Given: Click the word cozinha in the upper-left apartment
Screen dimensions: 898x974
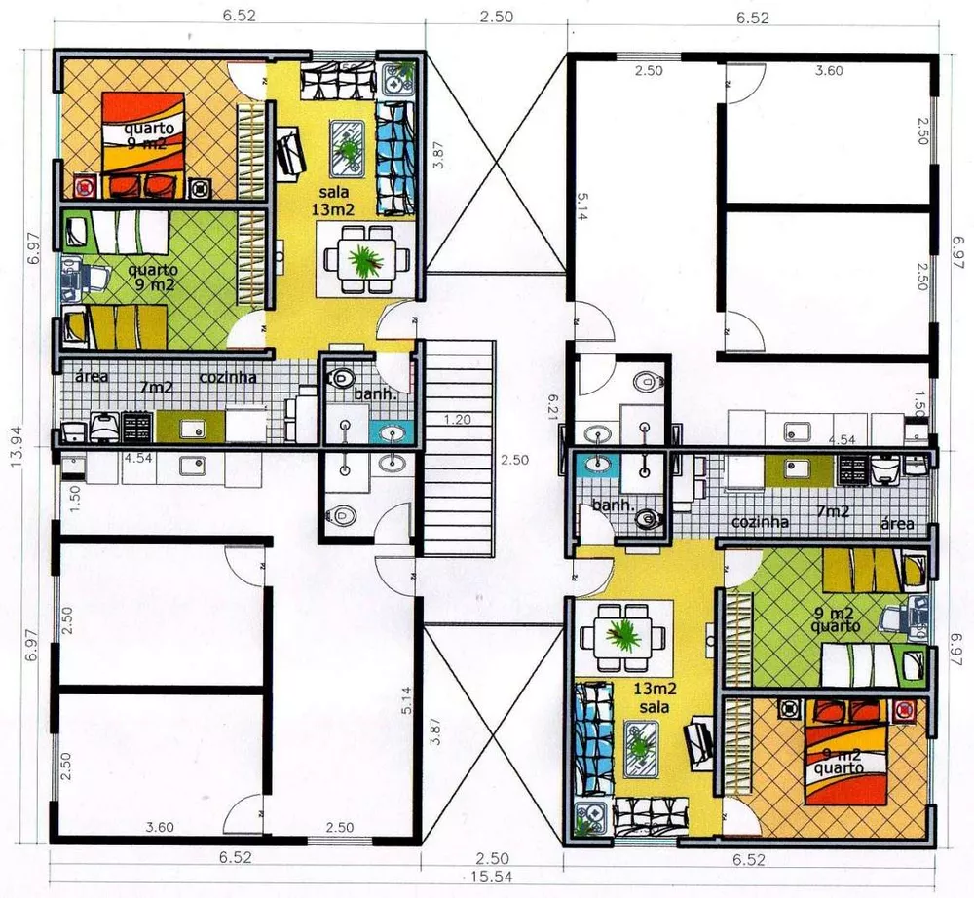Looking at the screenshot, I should pos(229,378).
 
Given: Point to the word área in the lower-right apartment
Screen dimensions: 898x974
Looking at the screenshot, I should pos(897,524).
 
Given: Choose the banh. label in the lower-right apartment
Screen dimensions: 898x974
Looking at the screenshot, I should pos(614,505).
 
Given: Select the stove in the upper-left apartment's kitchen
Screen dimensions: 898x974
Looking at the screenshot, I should pos(135,426).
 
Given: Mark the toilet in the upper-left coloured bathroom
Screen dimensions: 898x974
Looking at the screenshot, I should pos(344,376).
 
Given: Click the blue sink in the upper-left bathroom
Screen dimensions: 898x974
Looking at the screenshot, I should pos(393,431).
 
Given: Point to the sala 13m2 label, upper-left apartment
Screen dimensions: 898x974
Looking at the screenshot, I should pos(333,201).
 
